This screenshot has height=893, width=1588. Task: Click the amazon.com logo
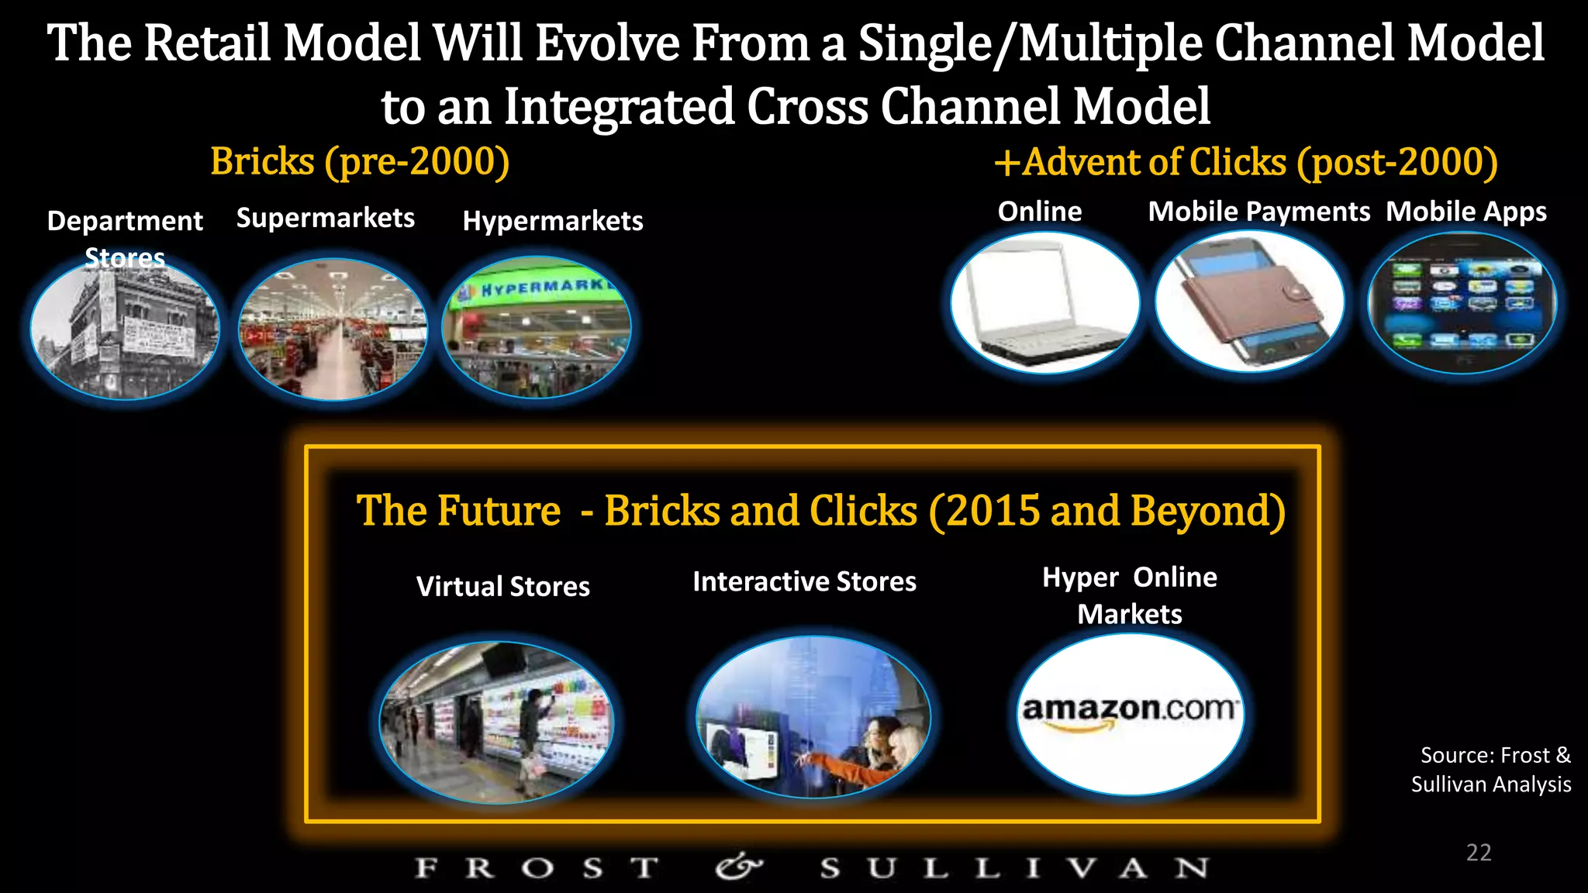1130,712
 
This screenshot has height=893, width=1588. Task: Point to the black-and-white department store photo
125,329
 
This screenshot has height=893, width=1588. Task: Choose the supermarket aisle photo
333,329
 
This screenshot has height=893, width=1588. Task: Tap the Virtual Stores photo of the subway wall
496,722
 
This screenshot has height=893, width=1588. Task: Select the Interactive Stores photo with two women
813,718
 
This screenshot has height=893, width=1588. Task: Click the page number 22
1479,853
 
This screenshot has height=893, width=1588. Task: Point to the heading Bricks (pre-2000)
360,162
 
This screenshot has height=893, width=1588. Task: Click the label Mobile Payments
1258,212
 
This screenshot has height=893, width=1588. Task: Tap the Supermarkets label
326,219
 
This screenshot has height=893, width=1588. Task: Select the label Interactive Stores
804,581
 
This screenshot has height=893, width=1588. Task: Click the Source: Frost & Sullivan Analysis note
1491,770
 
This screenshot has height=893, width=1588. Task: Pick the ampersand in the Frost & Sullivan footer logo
738,867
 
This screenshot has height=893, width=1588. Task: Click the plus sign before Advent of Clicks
1007,164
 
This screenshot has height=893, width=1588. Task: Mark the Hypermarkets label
553,222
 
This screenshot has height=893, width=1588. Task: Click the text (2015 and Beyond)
1106,512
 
